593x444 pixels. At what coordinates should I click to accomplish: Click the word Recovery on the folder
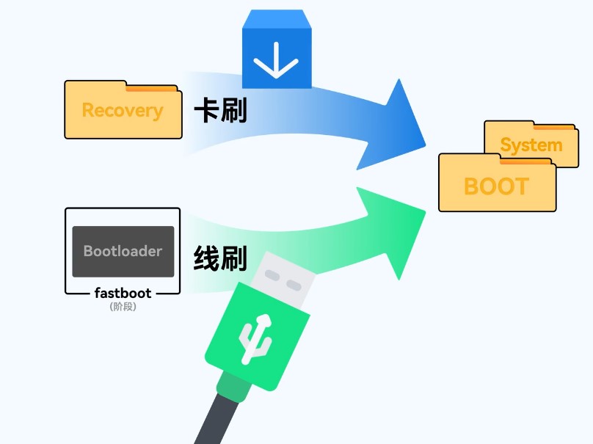click(122, 111)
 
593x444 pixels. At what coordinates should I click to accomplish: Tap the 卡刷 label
click(220, 112)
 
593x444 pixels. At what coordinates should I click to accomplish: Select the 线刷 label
click(220, 259)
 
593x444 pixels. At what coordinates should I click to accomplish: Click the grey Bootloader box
click(123, 251)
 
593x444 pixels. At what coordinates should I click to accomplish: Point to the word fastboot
click(123, 293)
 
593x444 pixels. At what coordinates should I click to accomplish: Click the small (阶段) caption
click(123, 307)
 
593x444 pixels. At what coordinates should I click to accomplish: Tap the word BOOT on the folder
click(496, 186)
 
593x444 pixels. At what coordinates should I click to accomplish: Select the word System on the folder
click(531, 145)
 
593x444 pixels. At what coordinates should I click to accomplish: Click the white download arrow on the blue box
click(277, 59)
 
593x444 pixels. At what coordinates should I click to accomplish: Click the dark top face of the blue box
click(277, 19)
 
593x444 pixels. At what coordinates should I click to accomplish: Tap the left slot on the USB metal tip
click(271, 275)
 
